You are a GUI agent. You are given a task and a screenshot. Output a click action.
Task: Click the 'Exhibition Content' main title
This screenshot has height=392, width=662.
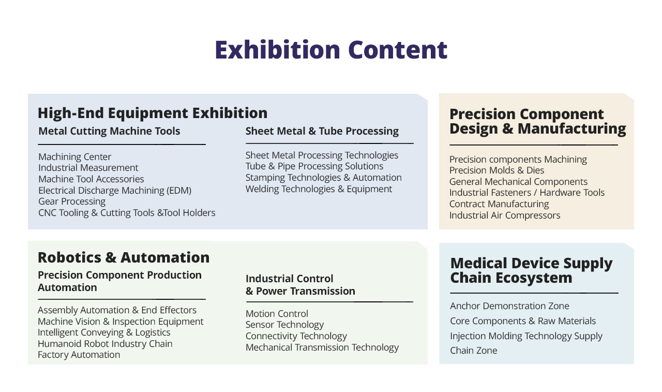[x=331, y=50]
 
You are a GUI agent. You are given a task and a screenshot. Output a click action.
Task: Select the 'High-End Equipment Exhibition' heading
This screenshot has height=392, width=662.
[x=153, y=113]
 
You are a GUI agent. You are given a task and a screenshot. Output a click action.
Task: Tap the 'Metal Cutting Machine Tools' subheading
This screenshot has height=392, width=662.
[x=109, y=131]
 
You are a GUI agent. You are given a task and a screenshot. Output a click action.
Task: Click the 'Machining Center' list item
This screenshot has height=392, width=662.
[x=75, y=156]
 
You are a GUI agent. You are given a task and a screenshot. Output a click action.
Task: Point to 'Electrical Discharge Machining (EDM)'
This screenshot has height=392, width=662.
[x=115, y=190]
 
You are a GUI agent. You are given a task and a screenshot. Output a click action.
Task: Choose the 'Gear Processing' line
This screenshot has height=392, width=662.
[x=72, y=201]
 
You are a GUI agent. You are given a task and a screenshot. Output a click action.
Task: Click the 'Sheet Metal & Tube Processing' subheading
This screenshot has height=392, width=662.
[x=322, y=131]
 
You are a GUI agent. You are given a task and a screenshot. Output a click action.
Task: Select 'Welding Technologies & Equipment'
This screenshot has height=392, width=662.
[x=319, y=189]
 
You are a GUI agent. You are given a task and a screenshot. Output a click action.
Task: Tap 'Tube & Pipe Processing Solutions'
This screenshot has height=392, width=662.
[x=314, y=166]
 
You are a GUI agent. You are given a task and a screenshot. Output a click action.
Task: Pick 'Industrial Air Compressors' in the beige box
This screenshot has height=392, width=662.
[x=505, y=215]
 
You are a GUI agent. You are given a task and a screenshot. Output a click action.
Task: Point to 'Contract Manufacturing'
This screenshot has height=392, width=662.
[x=499, y=204]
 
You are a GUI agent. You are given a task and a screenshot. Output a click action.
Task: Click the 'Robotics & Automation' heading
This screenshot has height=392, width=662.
[x=124, y=257]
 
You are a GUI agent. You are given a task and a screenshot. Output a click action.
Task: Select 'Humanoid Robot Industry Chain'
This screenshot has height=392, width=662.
[x=105, y=344]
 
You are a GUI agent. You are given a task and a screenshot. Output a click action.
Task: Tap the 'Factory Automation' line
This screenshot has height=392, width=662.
[x=79, y=355]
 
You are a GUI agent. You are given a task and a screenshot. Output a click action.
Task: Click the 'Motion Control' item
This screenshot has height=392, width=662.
[x=277, y=314]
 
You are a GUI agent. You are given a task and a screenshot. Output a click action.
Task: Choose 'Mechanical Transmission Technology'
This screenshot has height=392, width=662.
[x=322, y=347]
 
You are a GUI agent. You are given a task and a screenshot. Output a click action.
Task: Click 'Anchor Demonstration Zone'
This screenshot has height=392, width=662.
[x=509, y=306]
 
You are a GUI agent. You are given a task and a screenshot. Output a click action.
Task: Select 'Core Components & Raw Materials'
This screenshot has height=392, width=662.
[x=523, y=321]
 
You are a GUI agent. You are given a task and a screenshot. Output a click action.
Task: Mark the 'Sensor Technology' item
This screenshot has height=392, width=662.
[x=284, y=325]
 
